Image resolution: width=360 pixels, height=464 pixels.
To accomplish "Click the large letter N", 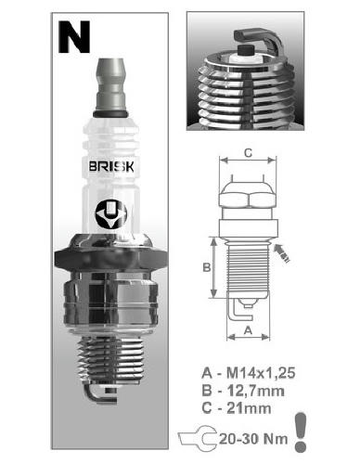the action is pos(74,37).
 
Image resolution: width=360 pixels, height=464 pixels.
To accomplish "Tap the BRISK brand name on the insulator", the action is pos(111,167).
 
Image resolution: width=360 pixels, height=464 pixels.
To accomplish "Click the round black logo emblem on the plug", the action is pos(111,215).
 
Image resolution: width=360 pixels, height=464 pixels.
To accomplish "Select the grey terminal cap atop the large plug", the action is pos(110,85).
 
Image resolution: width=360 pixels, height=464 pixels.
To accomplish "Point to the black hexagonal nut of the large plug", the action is pos(111,258).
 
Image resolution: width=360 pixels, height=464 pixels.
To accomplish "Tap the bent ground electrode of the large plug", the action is pos(100,394).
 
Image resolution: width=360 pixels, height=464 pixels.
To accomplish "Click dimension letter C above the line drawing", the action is pos(248,152).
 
